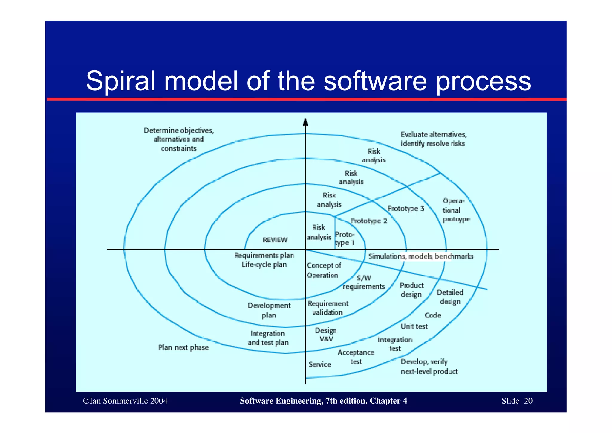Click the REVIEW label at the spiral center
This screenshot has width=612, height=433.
pyautogui.click(x=275, y=240)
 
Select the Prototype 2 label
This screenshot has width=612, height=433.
pyautogui.click(x=368, y=221)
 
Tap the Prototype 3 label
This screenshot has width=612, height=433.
pyautogui.click(x=406, y=209)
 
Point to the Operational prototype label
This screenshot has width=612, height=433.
pyautogui.click(x=456, y=210)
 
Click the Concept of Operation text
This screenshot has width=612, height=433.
pyautogui.click(x=323, y=271)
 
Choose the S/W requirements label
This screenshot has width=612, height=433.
pyautogui.click(x=364, y=282)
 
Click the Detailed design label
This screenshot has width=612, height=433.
pyautogui.click(x=450, y=297)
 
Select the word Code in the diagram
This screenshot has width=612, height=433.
pyautogui.click(x=433, y=315)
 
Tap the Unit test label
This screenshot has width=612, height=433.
pyautogui.click(x=414, y=327)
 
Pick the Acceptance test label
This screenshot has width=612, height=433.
pyautogui.click(x=356, y=357)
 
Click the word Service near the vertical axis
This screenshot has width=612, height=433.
pyautogui.click(x=319, y=365)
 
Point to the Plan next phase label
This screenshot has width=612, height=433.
pyautogui.click(x=183, y=348)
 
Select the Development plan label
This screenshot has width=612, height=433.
pyautogui.click(x=269, y=311)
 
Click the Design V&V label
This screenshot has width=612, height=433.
pyautogui.click(x=326, y=335)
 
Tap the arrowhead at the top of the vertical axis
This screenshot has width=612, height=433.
pyautogui.click(x=305, y=122)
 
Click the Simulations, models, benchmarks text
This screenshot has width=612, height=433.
pyautogui.click(x=421, y=256)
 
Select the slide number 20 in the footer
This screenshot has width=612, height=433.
pyautogui.click(x=528, y=401)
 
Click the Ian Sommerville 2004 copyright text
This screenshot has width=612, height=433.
pyautogui.click(x=125, y=401)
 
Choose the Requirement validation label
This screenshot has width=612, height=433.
pyautogui.click(x=328, y=308)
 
